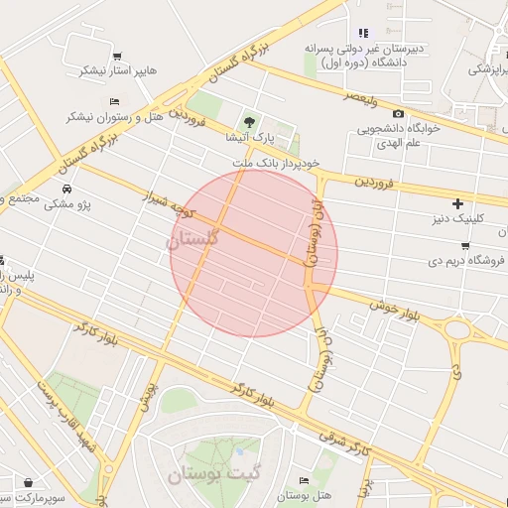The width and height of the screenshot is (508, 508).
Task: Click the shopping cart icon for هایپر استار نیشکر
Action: click(118, 56)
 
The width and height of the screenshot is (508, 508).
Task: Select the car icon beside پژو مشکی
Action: click(66, 189)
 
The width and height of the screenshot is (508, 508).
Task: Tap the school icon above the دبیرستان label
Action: click(363, 33)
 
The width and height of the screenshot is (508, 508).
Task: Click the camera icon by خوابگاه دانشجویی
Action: click(399, 114)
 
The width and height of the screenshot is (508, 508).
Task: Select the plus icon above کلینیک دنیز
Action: click(457, 202)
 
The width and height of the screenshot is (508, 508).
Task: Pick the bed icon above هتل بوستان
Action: click(304, 480)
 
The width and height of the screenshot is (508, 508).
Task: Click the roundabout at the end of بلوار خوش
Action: click(457, 329)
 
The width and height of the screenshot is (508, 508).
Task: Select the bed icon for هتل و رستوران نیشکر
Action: click(114, 101)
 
